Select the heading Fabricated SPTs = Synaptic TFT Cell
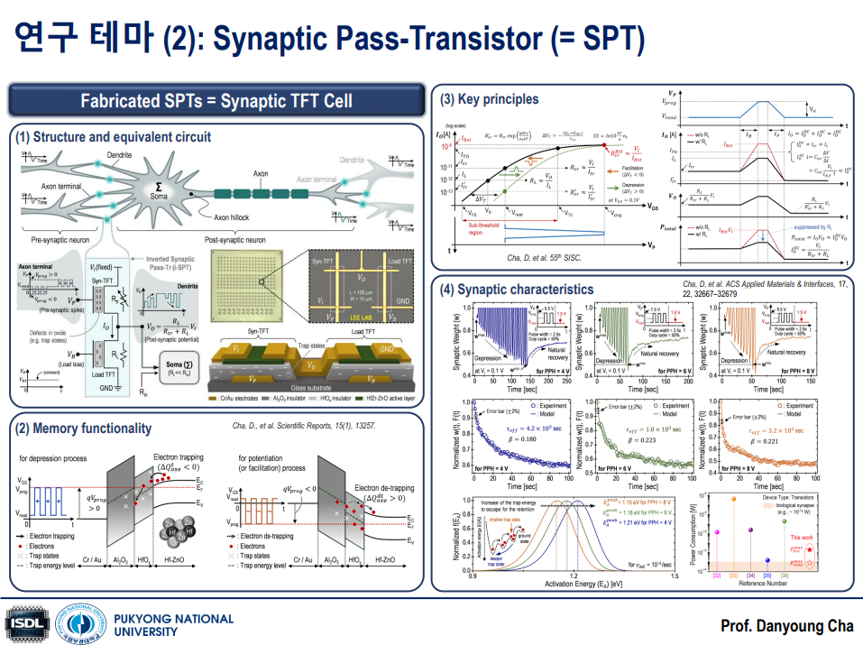(x=216, y=100)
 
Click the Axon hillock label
(x=240, y=217)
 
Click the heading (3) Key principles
(x=490, y=98)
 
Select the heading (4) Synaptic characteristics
(x=517, y=289)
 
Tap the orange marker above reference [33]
(x=735, y=498)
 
